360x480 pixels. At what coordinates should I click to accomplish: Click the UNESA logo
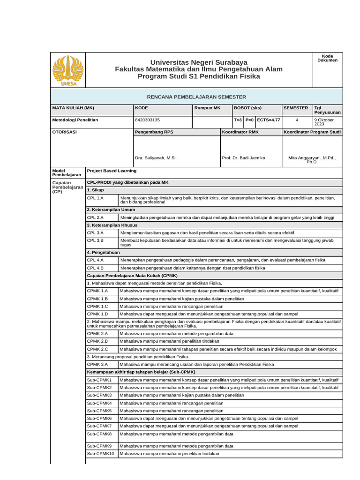(68, 70)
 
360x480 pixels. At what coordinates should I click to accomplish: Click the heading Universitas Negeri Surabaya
(199, 62)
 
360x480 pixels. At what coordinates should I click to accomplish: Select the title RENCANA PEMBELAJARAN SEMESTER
(196, 96)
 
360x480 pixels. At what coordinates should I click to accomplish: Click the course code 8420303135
(147, 120)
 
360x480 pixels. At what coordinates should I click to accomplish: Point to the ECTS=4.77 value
(268, 120)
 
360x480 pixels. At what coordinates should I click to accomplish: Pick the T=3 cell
(238, 120)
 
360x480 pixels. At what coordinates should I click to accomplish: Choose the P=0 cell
(249, 120)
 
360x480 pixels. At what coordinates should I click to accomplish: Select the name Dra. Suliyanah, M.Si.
(156, 158)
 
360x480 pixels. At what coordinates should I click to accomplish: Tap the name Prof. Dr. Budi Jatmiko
(243, 158)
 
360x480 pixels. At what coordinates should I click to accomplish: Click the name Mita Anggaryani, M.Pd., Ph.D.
(312, 160)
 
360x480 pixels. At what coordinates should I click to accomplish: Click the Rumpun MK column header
(207, 108)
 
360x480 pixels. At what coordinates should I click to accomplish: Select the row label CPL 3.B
(95, 240)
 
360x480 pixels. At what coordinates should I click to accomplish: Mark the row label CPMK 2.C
(97, 349)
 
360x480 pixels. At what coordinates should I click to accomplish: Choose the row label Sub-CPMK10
(100, 454)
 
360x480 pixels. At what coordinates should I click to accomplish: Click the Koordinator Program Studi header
(312, 132)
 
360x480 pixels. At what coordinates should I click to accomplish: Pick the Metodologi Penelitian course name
(75, 120)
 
